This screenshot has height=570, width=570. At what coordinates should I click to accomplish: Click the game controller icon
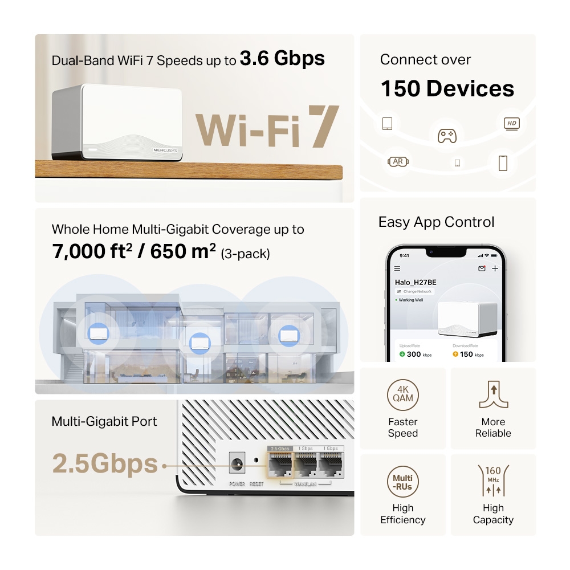pyautogui.click(x=446, y=136)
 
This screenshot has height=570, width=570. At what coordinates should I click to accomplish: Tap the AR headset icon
pyautogui.click(x=398, y=162)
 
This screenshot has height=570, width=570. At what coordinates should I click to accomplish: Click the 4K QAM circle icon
pyautogui.click(x=403, y=394)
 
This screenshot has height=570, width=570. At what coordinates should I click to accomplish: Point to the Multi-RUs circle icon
pyautogui.click(x=403, y=482)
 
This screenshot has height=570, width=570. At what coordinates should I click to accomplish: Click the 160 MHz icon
pyautogui.click(x=493, y=482)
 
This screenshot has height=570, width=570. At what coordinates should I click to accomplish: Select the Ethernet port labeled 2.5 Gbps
pyautogui.click(x=281, y=465)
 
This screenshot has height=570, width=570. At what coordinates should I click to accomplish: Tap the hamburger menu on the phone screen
pyautogui.click(x=397, y=268)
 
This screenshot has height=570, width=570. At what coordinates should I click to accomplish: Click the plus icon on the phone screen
pyautogui.click(x=495, y=268)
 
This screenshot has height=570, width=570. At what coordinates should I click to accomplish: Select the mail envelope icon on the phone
pyautogui.click(x=482, y=268)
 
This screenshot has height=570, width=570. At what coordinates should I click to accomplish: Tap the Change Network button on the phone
pyautogui.click(x=414, y=291)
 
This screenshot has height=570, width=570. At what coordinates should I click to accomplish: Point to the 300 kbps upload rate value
pyautogui.click(x=413, y=355)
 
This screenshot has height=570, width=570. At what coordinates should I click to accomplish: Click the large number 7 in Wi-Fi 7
pyautogui.click(x=323, y=126)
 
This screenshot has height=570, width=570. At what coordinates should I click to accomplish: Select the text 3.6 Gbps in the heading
pyautogui.click(x=282, y=58)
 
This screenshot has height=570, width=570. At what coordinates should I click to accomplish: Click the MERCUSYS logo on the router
pyautogui.click(x=166, y=150)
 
